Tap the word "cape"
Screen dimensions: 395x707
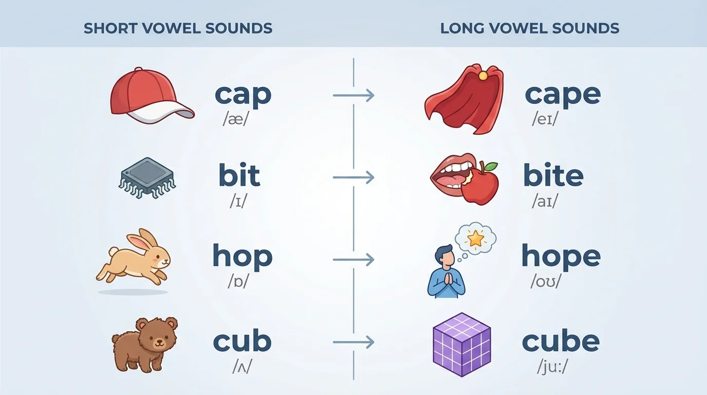(562, 94)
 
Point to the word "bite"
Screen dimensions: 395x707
(553, 176)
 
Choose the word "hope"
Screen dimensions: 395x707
(561, 256)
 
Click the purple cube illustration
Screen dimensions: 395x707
(461, 344)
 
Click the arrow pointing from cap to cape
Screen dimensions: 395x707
(353, 95)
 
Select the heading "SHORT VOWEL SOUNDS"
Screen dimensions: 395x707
(178, 28)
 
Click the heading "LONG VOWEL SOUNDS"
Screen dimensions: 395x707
(529, 28)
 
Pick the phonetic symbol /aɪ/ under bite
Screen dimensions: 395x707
(545, 202)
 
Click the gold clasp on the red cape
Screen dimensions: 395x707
(482, 76)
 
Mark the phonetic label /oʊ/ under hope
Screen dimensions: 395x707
(546, 282)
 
